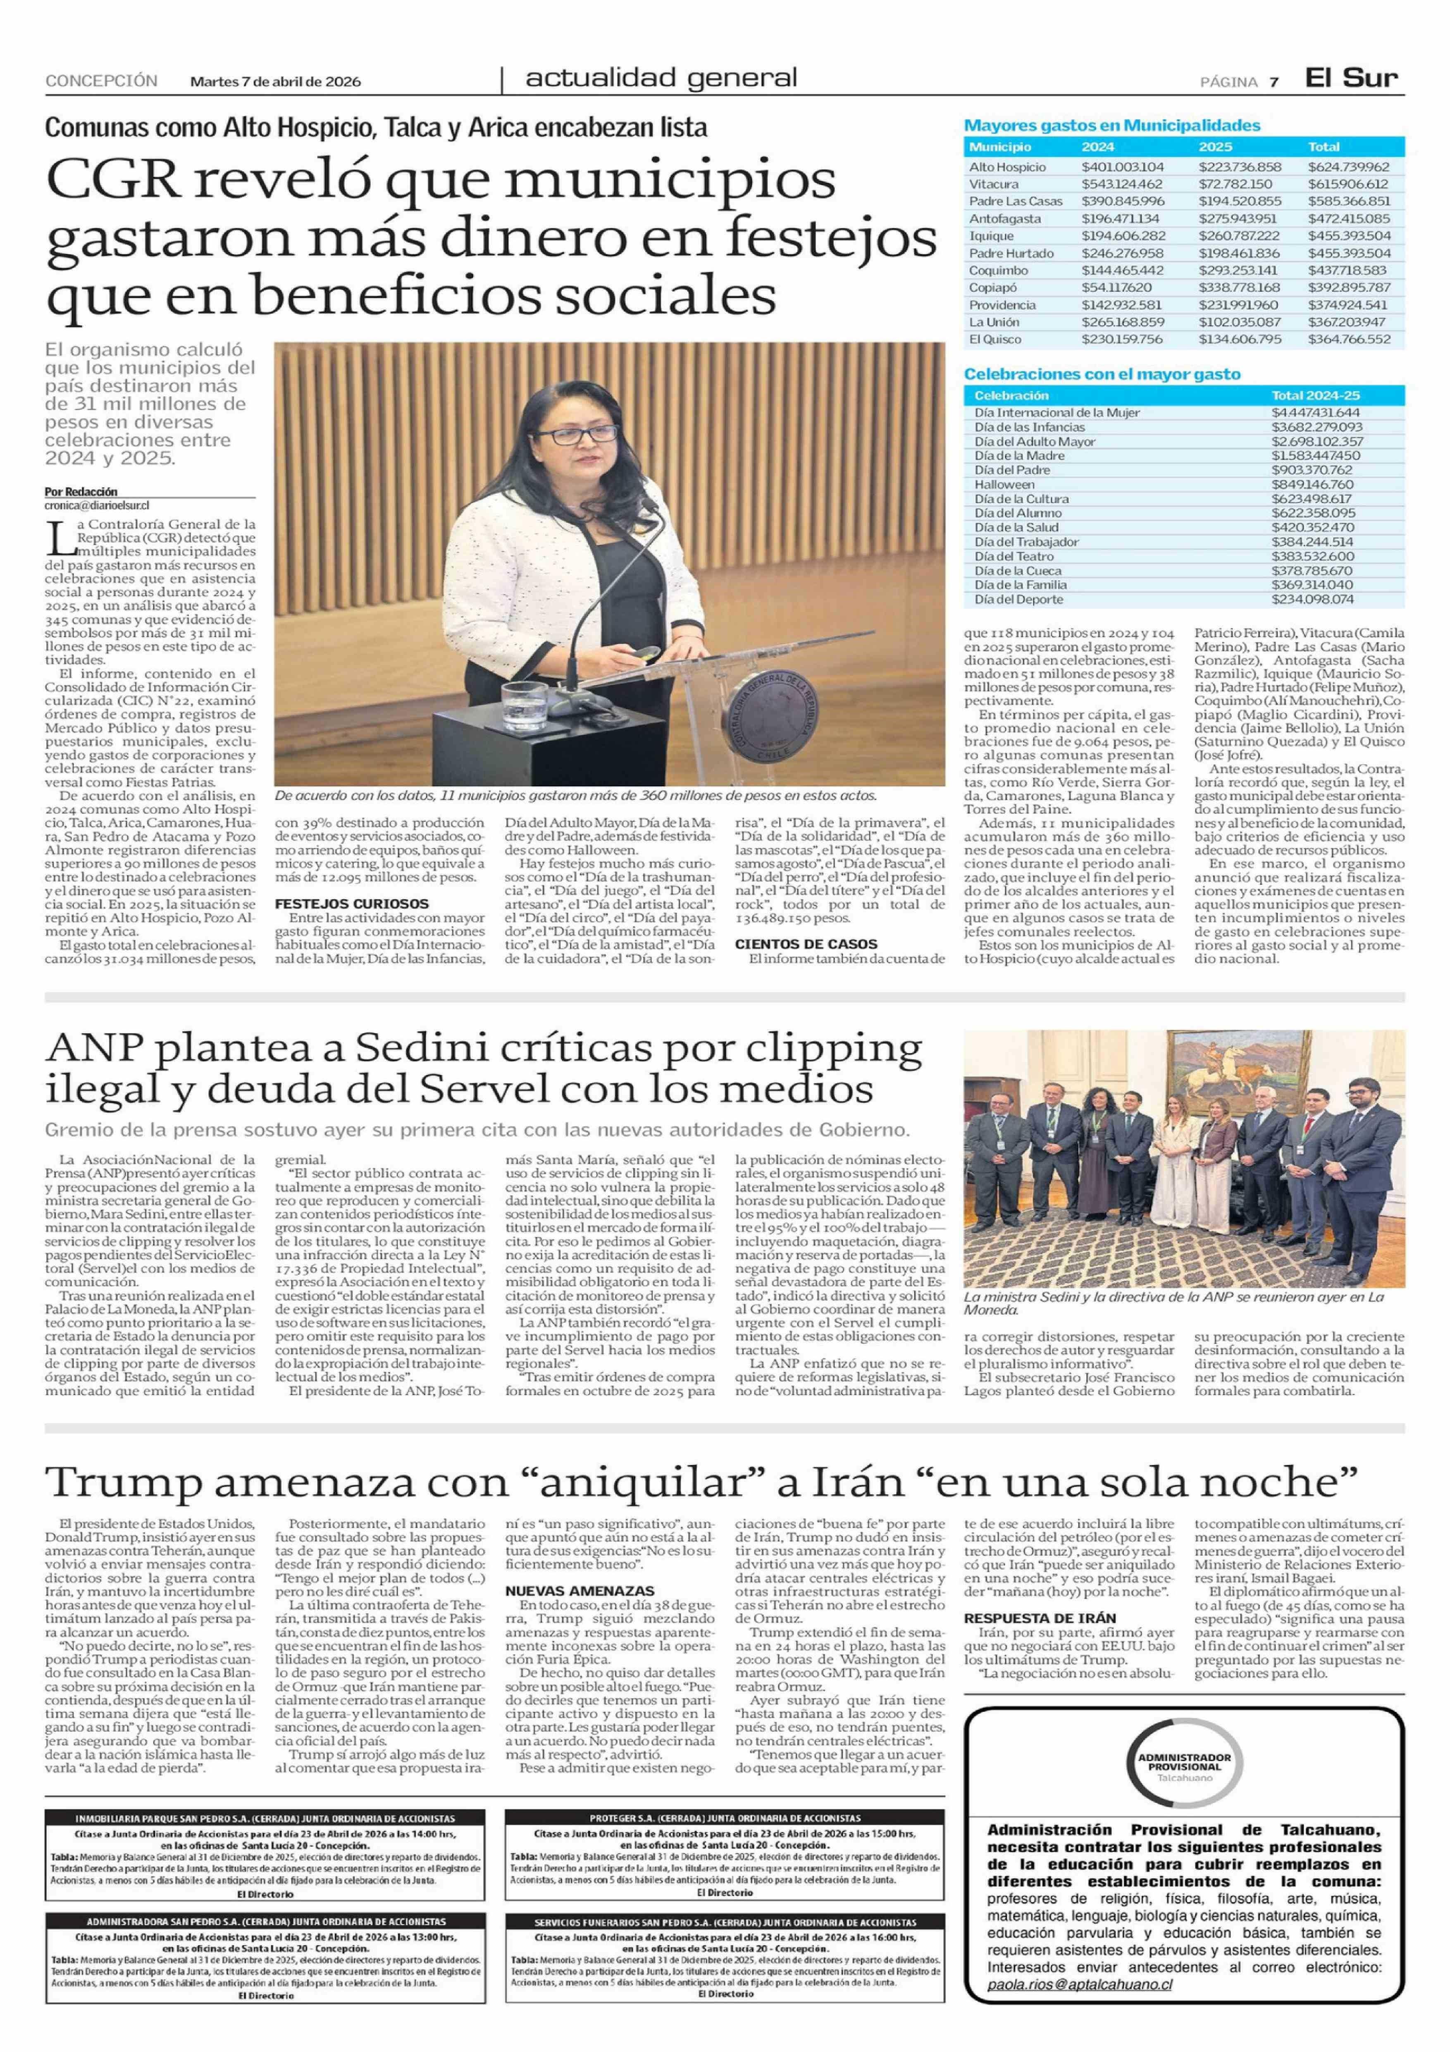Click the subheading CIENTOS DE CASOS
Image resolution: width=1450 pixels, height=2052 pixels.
[806, 944]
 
